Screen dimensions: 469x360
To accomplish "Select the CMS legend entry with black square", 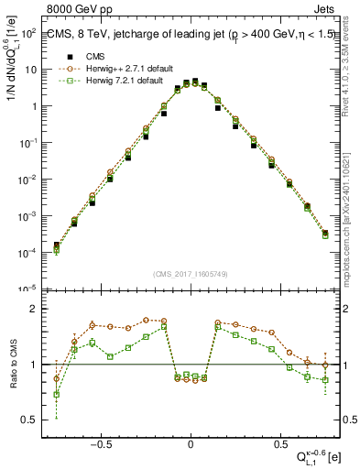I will [x=89, y=53].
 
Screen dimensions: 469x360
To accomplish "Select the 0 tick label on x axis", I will [x=190, y=442].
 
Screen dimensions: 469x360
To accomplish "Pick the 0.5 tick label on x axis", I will [x=278, y=442].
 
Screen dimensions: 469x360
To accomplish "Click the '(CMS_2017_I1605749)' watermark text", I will [x=190, y=273].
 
